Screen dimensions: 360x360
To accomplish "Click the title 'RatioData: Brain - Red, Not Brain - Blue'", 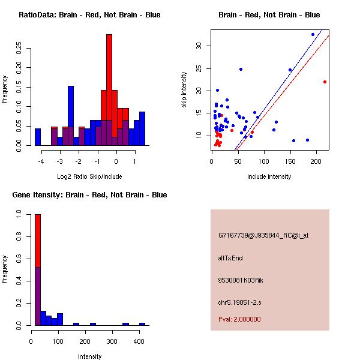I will click(89, 15).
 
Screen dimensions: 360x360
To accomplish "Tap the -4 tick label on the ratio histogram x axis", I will click(40, 161).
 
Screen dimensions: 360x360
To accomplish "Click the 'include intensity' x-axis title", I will click(269, 176).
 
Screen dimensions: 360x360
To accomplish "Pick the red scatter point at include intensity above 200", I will click(325, 82).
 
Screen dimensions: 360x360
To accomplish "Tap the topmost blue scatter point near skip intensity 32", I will click(313, 34).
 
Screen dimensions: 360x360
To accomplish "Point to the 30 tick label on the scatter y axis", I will click(199, 46).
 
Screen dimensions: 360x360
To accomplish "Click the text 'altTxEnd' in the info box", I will click(230, 258).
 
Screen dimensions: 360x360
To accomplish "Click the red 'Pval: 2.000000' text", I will click(239, 319).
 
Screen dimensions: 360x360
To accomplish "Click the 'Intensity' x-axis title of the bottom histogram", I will click(89, 356).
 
